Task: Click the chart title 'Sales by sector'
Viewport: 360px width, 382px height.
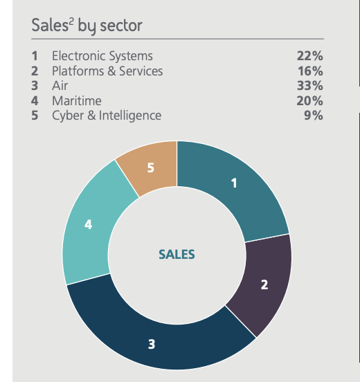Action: [x=87, y=26]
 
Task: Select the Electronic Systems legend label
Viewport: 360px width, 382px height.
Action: [x=102, y=56]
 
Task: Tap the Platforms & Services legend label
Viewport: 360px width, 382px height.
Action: [x=107, y=71]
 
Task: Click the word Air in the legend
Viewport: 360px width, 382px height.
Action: [x=60, y=86]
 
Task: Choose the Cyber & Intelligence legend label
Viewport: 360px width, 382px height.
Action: [x=107, y=116]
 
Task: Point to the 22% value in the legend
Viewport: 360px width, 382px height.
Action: [x=309, y=56]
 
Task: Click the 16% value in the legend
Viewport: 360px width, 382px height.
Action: [x=309, y=71]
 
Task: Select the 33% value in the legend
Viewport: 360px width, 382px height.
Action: [x=309, y=86]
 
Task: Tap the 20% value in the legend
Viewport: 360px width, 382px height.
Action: [x=309, y=101]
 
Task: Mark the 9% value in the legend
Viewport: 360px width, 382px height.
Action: [x=314, y=116]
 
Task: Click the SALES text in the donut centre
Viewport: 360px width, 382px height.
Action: [x=177, y=255]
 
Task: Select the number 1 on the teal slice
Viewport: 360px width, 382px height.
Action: [x=234, y=183]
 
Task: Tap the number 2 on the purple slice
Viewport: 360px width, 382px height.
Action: [x=264, y=284]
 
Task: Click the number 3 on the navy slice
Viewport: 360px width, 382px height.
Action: [x=152, y=343]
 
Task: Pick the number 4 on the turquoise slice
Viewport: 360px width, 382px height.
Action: [x=89, y=225]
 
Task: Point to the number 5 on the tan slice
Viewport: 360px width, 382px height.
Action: [x=150, y=166]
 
